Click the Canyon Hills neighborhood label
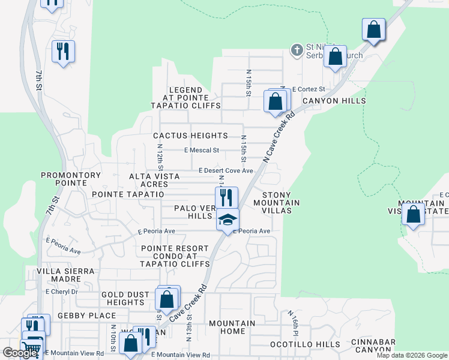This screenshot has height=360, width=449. [334, 101]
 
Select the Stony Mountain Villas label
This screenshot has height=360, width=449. [277, 203]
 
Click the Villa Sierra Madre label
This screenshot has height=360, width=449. [67, 275]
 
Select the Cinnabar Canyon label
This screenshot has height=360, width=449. [373, 346]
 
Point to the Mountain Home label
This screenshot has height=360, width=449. [232, 327]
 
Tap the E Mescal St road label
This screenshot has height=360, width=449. [202, 150]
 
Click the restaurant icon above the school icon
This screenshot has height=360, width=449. [226, 197]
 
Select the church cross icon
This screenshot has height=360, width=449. [296, 50]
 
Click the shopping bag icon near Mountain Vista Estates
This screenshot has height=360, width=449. [413, 214]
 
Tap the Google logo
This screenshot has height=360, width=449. [19, 353]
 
